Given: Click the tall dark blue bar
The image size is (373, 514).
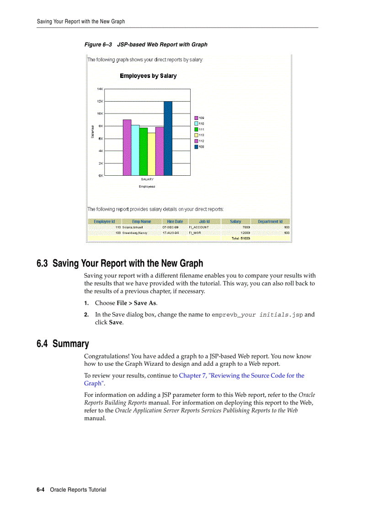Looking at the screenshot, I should pos(168,139).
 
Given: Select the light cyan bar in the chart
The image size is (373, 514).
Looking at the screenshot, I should pos(135,150).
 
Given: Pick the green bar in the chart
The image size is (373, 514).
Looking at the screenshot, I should pos(144,151).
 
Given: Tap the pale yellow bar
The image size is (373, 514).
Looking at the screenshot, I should pos(151,154).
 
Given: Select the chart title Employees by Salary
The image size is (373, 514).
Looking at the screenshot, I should pos(148,76).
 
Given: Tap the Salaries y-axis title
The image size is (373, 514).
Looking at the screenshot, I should pos(93,132).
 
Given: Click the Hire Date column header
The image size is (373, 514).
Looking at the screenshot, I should pos(175,222).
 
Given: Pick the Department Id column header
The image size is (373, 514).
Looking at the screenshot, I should pos(270,222).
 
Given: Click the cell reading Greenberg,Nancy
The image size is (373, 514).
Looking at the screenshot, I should pos(135,233).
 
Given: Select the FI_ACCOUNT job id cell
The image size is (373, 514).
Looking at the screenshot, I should pos(199,227).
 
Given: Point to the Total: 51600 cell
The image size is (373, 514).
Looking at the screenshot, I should pos(240,238).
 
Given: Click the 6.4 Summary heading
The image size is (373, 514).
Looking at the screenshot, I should pos(63,344).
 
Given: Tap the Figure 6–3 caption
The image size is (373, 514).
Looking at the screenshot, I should pos(146,44).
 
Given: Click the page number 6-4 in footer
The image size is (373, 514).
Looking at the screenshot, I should pos(40,490).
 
